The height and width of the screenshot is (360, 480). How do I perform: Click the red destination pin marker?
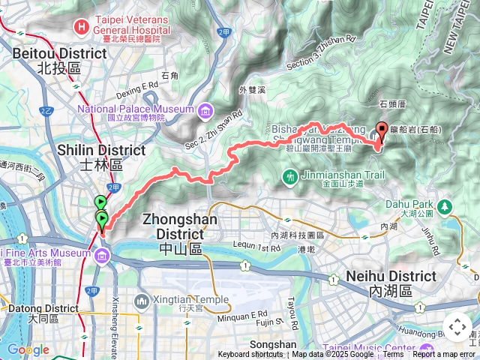[x=380, y=131]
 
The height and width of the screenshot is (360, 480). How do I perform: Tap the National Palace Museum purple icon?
[x=205, y=112]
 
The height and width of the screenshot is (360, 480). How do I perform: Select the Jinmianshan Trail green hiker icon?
[x=290, y=177]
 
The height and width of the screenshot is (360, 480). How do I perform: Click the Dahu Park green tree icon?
[x=445, y=205]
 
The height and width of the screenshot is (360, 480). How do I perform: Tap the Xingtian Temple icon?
[x=142, y=301]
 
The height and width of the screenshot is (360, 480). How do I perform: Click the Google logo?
[x=28, y=349]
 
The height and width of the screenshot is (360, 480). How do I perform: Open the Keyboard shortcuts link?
[x=250, y=355]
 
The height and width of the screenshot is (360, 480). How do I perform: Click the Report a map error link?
[x=444, y=355]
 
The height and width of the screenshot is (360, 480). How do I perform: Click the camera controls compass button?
[x=457, y=327]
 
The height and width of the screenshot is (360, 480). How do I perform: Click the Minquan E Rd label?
[x=248, y=313]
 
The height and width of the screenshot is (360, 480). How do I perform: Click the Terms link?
[x=393, y=355]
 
